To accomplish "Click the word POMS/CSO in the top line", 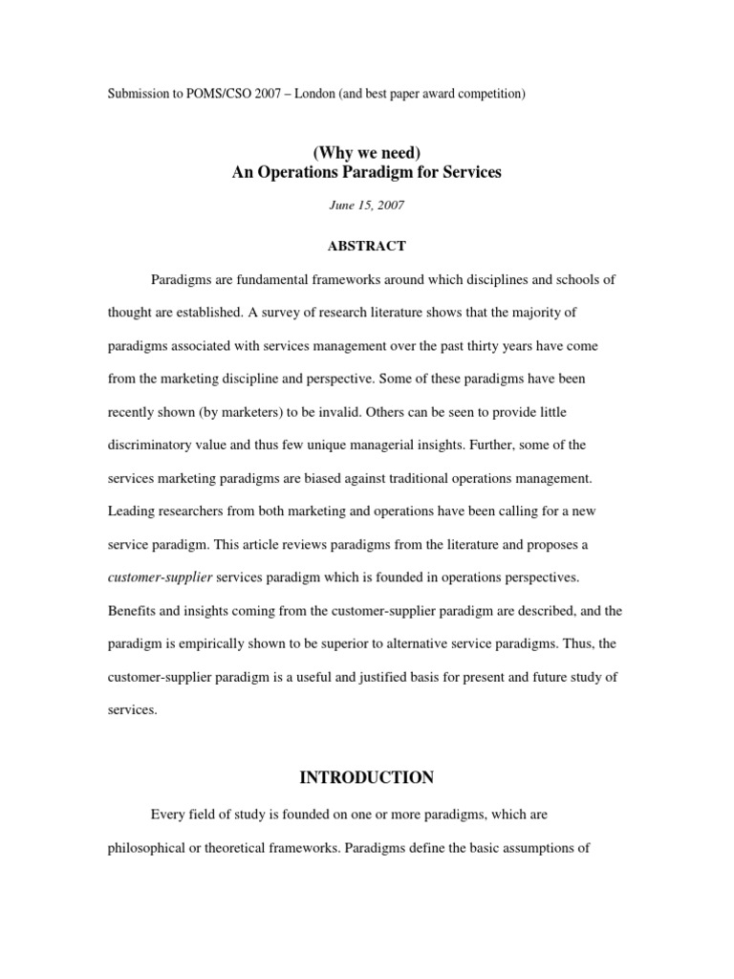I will click(x=212, y=94).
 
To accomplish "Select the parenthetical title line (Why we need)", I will click(x=366, y=153).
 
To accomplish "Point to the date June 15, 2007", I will click(x=366, y=206).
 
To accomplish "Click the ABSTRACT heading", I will click(x=366, y=246).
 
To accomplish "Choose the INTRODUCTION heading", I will click(x=366, y=778).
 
